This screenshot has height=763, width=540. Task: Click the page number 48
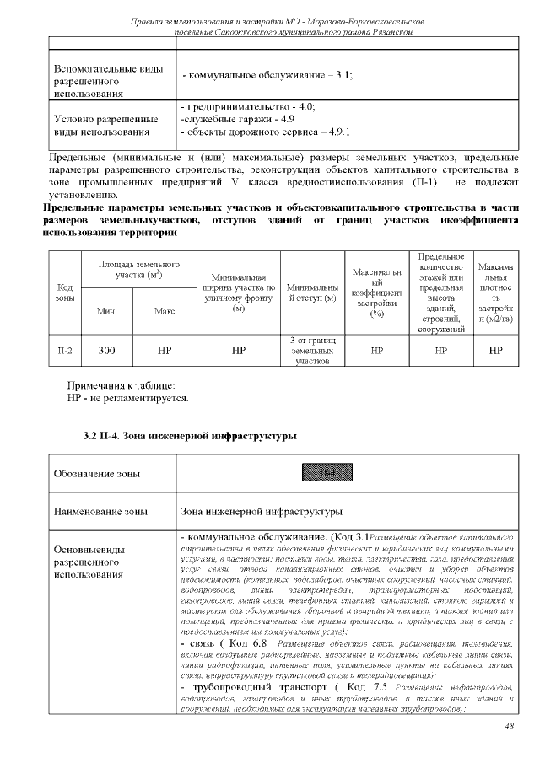click(x=509, y=727)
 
